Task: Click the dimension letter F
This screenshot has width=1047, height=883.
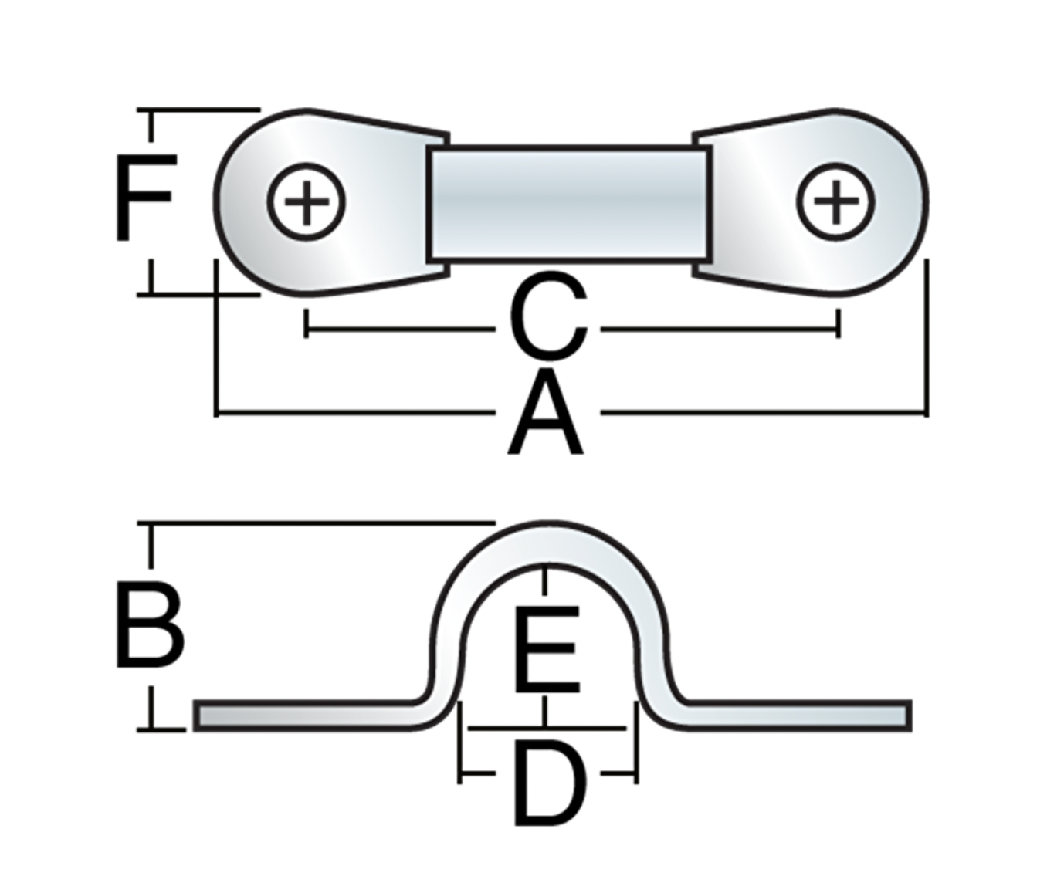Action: pyautogui.click(x=144, y=197)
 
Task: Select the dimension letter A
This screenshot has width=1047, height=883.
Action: pyautogui.click(x=546, y=414)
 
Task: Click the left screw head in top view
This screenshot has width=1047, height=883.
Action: pyautogui.click(x=307, y=201)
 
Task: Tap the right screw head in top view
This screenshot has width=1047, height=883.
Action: pyautogui.click(x=835, y=201)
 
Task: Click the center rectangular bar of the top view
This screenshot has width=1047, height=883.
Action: pyautogui.click(x=568, y=203)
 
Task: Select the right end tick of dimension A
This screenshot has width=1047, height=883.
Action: pyautogui.click(x=927, y=414)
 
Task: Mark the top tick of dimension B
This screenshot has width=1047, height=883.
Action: pyautogui.click(x=151, y=525)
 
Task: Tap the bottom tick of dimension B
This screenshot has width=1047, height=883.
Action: pyautogui.click(x=151, y=728)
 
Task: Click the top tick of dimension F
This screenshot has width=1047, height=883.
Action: pyautogui.click(x=151, y=110)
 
